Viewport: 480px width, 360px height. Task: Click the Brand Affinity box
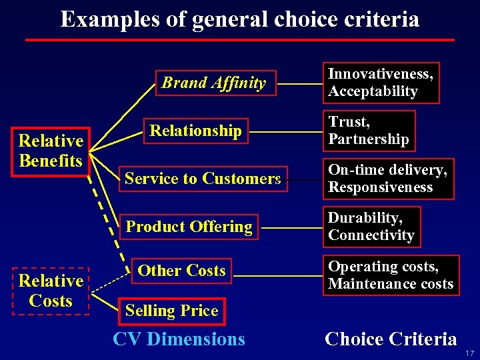pos(215,83)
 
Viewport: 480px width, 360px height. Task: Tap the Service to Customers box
pos(203,179)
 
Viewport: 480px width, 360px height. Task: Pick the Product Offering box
pos(189,227)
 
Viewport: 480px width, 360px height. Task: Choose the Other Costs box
pos(181,271)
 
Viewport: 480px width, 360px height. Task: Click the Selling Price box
pos(171,310)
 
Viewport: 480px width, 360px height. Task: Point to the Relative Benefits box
pos(51,151)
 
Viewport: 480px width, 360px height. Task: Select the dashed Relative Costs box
pos(51,291)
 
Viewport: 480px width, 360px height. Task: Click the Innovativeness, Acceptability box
pos(381,83)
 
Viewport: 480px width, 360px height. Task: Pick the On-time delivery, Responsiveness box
pos(387,179)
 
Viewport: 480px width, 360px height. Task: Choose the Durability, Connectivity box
pos(371,227)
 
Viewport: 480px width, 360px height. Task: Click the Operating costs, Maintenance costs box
pos(390,275)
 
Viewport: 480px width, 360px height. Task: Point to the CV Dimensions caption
pos(179,339)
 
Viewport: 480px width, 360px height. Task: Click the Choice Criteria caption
pos(391,339)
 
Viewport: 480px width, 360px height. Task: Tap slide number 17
pos(470,353)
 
